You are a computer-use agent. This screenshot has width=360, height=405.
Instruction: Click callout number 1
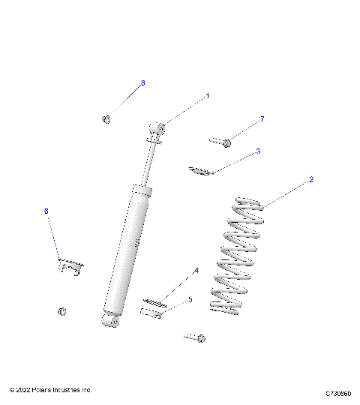coord(208,97)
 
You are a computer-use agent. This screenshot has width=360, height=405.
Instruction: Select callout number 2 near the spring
coord(311,180)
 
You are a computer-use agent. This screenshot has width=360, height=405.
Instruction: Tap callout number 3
coord(259,151)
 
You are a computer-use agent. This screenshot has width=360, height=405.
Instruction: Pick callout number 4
coord(196,271)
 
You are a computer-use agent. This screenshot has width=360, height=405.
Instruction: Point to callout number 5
coord(190,299)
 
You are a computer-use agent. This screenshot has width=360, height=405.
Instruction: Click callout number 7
coord(262,119)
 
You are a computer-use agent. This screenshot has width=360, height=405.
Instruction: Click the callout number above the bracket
coord(46,212)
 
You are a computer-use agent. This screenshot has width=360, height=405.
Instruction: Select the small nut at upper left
coord(106,118)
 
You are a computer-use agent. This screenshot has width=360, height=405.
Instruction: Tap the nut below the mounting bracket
coord(63,311)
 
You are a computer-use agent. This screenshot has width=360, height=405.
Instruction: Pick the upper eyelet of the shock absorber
coord(157,130)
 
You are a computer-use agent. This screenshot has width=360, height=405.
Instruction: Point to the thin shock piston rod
coord(152,161)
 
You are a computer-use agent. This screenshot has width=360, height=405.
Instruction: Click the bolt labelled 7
coord(220,140)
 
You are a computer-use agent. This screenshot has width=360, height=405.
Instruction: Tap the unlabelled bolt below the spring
coord(195,338)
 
